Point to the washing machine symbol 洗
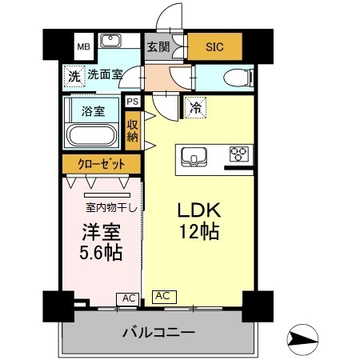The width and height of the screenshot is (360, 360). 74,78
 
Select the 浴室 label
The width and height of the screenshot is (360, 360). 94,111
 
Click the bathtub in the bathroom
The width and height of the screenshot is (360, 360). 93,134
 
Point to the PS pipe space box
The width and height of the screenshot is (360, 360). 132,102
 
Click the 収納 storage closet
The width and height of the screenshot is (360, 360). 132,129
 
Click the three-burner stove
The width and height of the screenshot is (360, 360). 238,153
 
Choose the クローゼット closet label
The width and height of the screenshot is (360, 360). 102,165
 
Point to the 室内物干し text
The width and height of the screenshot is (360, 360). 110,210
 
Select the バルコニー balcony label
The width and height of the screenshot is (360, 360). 158,332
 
